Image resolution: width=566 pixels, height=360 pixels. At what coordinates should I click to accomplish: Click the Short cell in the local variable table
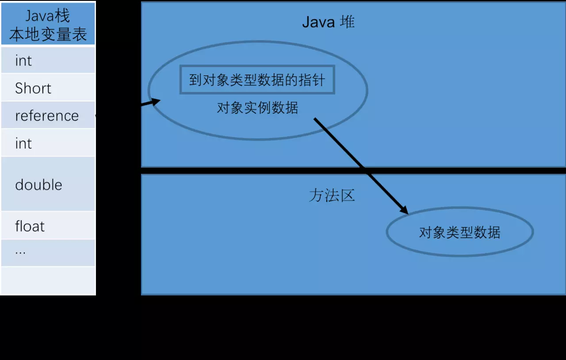coord(48,88)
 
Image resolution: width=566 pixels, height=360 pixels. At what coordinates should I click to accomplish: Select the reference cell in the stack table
coord(48,115)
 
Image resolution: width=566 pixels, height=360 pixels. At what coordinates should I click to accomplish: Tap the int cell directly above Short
coord(48,60)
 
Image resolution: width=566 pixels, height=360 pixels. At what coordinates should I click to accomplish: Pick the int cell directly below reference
coord(48,143)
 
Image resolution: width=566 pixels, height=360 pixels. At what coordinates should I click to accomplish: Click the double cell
coord(48,184)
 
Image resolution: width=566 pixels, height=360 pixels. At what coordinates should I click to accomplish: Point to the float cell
coord(48,226)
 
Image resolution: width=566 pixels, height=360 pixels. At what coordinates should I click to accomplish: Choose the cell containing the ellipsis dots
coord(48,253)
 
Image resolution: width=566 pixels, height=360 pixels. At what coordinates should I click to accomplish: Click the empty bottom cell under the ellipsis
coord(48,280)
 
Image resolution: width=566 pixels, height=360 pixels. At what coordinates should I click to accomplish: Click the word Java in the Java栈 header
coord(39,16)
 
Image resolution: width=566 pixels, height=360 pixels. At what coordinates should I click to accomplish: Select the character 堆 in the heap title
coord(347,22)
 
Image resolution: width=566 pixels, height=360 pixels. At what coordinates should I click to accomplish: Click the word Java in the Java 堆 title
coord(318,22)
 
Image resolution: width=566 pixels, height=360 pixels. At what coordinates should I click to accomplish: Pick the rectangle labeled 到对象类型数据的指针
coord(257,80)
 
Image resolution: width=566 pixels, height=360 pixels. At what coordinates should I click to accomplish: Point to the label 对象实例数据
coord(257,107)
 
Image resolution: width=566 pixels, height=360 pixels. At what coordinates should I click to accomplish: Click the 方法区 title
coord(332,195)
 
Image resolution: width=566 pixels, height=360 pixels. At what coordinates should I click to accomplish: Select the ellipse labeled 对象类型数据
coord(460,232)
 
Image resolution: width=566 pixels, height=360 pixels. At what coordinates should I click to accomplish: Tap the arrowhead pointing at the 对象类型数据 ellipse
coord(404,210)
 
